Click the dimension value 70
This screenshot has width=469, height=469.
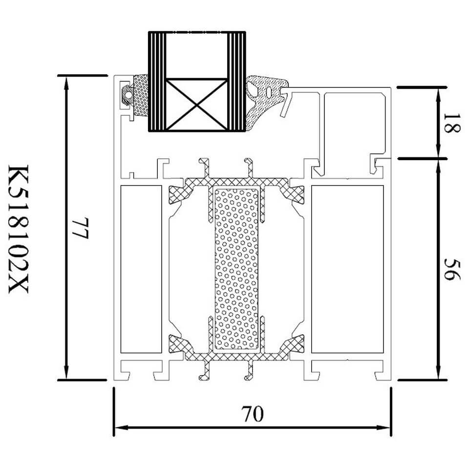(x=253, y=414)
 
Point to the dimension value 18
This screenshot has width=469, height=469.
(x=451, y=123)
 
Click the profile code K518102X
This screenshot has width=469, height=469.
(x=18, y=229)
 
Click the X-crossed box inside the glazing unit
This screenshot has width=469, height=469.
(x=196, y=105)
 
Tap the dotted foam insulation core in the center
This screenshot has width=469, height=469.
(x=236, y=269)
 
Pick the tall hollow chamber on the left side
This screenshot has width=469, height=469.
(x=141, y=269)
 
